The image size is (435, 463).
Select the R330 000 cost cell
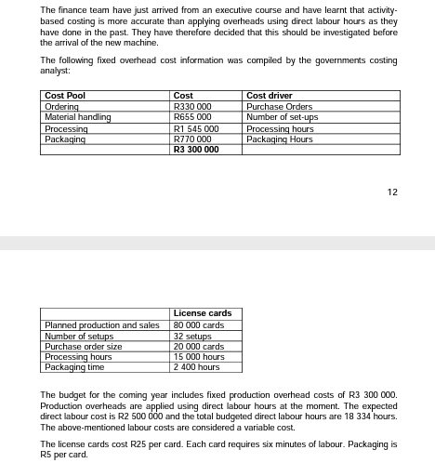pos(192,107)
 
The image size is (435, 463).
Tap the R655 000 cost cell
pos(192,117)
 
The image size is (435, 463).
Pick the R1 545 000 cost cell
pos(196,128)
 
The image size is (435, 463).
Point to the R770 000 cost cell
pos(192,139)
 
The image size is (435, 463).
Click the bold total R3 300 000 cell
pos(196,149)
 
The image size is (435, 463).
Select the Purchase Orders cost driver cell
pos(279,107)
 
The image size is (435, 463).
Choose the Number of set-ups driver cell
pos(282,117)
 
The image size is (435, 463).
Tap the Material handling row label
pos(77,117)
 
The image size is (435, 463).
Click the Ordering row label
pos(60,107)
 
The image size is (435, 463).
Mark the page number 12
pos(391,192)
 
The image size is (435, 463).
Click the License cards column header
pos(202,313)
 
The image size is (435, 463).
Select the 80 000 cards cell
pos(198,325)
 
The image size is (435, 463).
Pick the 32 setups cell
pos(191,336)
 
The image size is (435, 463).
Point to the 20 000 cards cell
pos(198,347)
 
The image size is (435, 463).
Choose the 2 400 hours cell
pos(196,367)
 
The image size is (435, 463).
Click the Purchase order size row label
pos(84,347)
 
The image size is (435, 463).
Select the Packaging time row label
pos(74,367)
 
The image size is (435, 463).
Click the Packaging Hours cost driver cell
pos(279,139)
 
